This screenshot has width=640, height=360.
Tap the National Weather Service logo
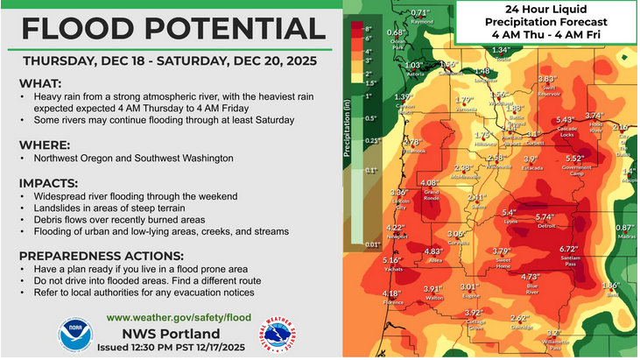(274, 335)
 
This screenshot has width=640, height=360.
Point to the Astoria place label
(414, 74)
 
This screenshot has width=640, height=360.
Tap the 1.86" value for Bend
(610, 286)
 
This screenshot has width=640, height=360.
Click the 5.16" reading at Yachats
(391, 260)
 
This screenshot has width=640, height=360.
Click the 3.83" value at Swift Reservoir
(547, 79)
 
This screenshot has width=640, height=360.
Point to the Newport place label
(397, 236)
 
